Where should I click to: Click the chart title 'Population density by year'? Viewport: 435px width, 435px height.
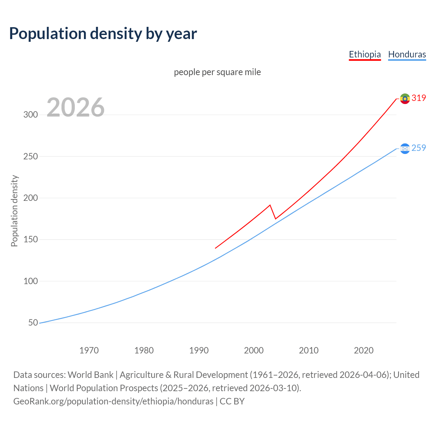click(103, 34)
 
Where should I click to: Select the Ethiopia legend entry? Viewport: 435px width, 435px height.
click(365, 54)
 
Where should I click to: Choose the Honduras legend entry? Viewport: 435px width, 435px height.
click(407, 54)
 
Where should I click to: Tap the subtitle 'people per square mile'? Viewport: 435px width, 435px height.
click(217, 72)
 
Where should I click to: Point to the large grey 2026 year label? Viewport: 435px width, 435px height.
click(75, 107)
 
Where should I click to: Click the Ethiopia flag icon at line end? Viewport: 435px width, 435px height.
click(405, 99)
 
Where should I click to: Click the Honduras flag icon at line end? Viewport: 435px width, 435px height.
click(405, 149)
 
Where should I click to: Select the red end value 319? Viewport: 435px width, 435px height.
click(419, 98)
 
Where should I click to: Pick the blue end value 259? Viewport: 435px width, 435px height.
click(419, 148)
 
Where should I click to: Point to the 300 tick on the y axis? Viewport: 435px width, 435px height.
click(31, 115)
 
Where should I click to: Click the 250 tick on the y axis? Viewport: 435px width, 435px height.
click(31, 156)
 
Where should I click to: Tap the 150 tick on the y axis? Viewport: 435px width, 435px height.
click(31, 240)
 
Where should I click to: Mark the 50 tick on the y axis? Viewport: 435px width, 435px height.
click(33, 323)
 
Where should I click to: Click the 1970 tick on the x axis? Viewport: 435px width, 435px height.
click(89, 350)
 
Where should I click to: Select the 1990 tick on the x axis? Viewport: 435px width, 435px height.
click(199, 350)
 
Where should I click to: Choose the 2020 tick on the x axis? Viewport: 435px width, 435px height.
click(364, 350)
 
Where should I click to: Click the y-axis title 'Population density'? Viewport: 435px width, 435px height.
click(14, 211)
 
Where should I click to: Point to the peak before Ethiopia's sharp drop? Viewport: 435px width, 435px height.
click(270, 205)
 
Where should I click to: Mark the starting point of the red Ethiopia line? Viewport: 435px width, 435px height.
click(215, 248)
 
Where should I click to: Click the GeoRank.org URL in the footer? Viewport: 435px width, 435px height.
click(113, 401)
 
